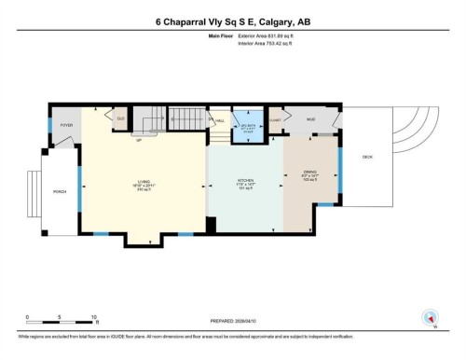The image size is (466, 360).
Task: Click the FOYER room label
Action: (x=66, y=124)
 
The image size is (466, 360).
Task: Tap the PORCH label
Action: (x=60, y=191)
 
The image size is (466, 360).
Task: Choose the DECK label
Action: (x=367, y=157)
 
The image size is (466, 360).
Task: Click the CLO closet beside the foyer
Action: (x=119, y=118)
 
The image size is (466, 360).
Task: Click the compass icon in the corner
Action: (x=431, y=317)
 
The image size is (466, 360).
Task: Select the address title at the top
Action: (x=232, y=22)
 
